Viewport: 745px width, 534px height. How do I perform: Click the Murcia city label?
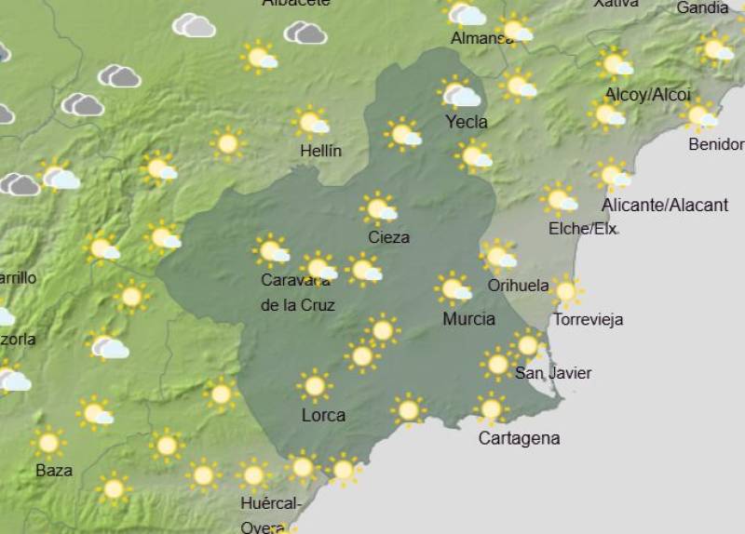468,319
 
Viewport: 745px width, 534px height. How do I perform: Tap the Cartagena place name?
519,438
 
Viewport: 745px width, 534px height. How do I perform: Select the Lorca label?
323,415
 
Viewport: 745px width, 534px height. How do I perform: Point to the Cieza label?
388,237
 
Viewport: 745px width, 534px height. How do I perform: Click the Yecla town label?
466,122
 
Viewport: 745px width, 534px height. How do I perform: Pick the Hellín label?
320,151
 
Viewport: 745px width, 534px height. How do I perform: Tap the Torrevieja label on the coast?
588,320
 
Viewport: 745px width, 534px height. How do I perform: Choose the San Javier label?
553,373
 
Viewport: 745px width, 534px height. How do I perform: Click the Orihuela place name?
518,286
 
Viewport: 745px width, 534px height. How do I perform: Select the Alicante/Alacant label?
663,205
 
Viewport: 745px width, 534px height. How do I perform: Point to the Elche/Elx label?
582,228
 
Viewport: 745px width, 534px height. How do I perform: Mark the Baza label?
53,470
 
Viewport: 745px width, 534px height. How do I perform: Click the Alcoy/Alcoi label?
647,94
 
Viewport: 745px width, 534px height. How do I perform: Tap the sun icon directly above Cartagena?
491,407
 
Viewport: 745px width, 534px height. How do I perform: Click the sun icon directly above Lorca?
314,384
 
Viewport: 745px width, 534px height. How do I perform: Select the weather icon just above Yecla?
460,94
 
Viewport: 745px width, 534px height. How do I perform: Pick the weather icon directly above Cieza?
379,208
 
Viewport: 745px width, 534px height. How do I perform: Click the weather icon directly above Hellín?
311,122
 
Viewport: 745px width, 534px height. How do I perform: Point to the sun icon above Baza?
48,441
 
